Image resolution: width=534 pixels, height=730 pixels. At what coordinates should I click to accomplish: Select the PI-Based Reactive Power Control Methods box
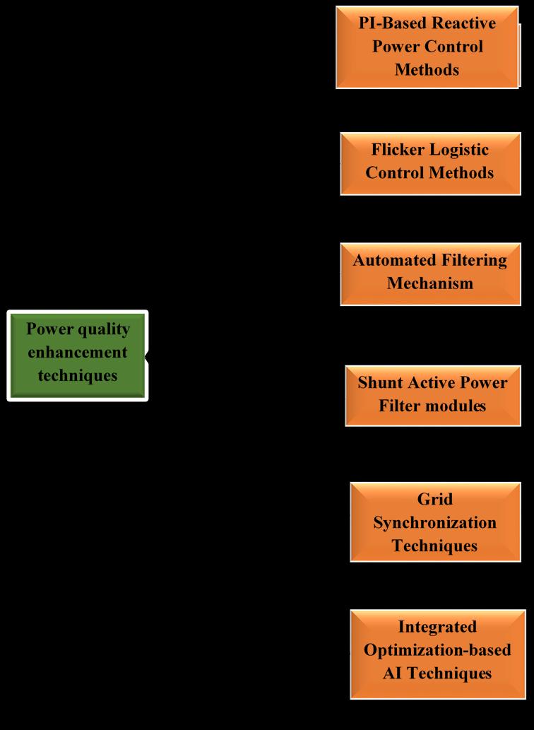[x=427, y=47]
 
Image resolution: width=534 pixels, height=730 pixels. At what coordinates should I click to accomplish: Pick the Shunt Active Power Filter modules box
[x=433, y=395]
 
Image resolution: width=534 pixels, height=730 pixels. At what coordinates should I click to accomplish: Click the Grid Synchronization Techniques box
[x=435, y=522]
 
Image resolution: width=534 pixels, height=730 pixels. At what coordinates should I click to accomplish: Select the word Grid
[x=435, y=499]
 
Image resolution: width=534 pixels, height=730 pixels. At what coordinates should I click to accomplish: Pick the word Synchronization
[x=435, y=522]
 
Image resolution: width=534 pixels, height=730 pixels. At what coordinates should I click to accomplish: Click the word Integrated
[x=437, y=626]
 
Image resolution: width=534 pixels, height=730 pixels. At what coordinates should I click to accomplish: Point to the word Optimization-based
[x=437, y=649]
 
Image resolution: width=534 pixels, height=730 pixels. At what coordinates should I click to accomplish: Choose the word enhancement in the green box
[x=78, y=352]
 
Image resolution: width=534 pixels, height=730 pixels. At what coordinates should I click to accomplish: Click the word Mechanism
[x=430, y=283]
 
